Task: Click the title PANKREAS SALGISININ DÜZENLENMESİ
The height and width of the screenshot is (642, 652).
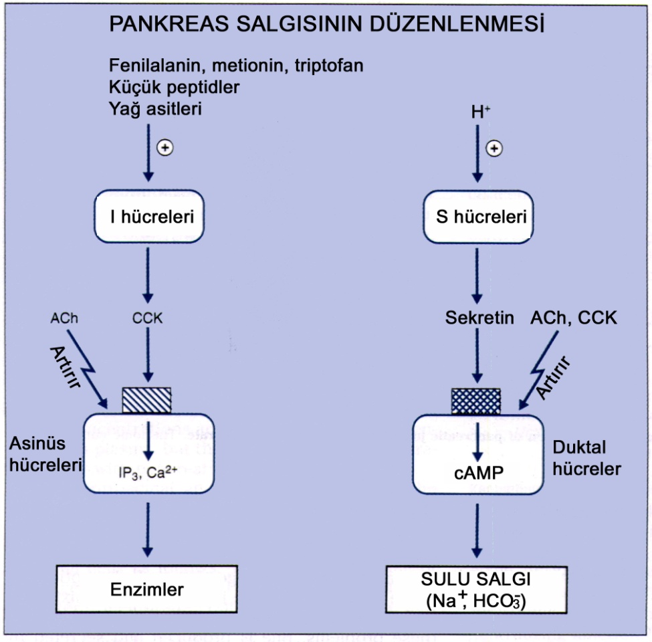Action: coord(326,25)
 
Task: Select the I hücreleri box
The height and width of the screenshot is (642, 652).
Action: coord(148,216)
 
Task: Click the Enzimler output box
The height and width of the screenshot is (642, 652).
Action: coord(147,589)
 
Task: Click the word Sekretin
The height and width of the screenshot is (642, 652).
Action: coord(479,318)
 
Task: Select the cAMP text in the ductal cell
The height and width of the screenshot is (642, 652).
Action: coord(476,472)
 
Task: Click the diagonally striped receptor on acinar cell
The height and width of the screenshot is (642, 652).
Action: coord(147,400)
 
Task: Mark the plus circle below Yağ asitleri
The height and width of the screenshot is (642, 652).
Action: coord(164,148)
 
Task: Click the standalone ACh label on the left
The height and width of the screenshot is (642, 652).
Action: coord(64,318)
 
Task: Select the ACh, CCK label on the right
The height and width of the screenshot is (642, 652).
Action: coord(573,318)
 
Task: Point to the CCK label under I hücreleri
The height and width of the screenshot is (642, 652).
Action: coord(148,318)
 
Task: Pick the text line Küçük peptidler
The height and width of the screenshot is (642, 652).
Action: coord(174,87)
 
